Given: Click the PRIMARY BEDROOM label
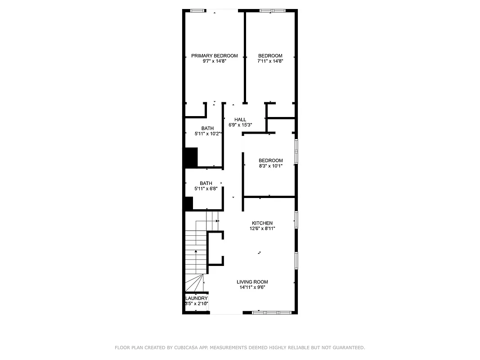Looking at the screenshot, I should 214,56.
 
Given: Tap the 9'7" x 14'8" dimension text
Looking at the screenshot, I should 214,61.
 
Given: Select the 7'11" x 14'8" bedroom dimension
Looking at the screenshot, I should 270,61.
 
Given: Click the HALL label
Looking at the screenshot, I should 240,120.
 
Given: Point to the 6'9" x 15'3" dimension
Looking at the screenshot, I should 240,125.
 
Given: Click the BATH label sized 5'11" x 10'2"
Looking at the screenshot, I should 207,129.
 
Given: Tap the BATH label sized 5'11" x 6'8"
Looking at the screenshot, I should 206,183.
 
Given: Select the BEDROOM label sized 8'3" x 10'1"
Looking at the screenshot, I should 270,161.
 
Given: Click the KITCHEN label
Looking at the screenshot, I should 262,223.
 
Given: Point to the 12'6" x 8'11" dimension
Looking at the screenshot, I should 262,229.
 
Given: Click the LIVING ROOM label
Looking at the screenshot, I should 252,282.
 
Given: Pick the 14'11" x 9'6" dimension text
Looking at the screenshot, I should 252,288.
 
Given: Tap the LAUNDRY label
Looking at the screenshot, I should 197,298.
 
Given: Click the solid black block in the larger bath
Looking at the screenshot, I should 191,157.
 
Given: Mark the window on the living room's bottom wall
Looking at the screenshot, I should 272,312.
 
